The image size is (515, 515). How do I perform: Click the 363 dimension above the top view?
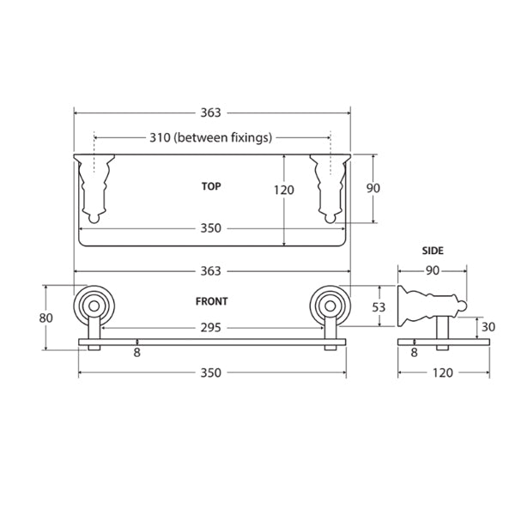pos(211,112)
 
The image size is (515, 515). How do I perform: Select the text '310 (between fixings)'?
pos(211,137)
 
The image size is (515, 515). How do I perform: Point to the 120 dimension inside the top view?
pos(285,191)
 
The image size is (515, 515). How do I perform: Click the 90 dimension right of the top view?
pos(373,189)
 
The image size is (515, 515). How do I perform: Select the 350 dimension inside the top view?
pos(211,228)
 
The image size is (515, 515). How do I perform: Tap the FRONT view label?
pos(211,301)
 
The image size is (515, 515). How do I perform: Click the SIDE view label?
pos(433,251)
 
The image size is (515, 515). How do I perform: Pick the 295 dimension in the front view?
pos(211,326)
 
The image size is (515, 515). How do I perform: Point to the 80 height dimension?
pos(46,318)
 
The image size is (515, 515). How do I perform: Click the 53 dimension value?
pos(378,306)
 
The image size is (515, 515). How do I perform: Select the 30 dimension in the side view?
pos(488,327)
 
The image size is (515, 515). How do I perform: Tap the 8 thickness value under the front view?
pos(137,352)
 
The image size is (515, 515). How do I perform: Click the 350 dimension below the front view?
pos(211,373)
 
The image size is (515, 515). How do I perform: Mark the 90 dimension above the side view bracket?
pos(433,270)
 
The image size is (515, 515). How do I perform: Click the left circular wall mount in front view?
pos(92,304)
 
